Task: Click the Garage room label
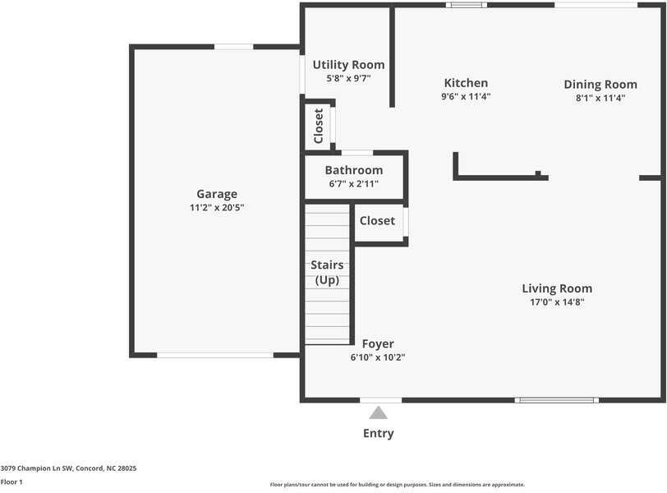click(x=217, y=194)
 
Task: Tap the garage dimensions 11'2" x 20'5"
click(x=217, y=208)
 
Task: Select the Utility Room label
click(x=348, y=65)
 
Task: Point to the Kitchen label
click(x=466, y=83)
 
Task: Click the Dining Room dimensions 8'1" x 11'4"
click(x=600, y=98)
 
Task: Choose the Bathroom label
click(x=354, y=170)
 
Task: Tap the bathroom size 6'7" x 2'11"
click(x=354, y=184)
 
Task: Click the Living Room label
click(x=557, y=288)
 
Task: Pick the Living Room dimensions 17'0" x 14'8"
click(x=557, y=302)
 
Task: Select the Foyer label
click(x=378, y=343)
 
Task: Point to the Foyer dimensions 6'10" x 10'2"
click(x=378, y=357)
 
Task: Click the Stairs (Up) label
click(x=327, y=272)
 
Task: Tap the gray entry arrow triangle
click(x=378, y=413)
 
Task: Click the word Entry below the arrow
click(x=378, y=434)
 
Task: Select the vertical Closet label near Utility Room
click(x=318, y=126)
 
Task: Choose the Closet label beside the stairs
click(x=377, y=221)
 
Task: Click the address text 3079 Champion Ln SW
click(x=37, y=468)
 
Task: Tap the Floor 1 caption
click(x=11, y=482)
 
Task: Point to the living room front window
click(x=557, y=400)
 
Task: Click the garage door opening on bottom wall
click(x=215, y=355)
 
